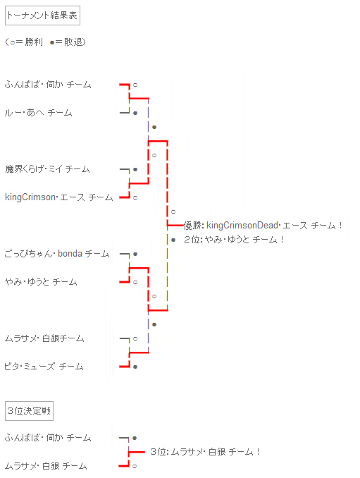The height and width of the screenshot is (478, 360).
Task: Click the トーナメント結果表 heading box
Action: pos(42,16)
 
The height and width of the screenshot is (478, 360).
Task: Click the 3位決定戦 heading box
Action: pos(29,411)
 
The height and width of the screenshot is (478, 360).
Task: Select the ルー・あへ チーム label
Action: pos(38,113)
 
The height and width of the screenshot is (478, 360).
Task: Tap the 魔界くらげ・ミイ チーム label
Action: pos(47,169)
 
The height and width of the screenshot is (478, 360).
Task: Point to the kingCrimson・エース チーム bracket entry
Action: pos(59,197)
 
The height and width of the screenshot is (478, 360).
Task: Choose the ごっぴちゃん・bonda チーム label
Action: pos(57,254)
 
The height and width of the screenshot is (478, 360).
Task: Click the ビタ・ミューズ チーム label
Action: pos(44,367)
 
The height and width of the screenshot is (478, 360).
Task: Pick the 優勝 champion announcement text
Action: pos(263,226)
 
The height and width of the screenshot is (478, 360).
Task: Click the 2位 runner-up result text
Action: pos(234,240)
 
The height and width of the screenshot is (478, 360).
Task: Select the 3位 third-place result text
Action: pos(205,452)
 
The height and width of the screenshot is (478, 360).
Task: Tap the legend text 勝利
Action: pos(34,42)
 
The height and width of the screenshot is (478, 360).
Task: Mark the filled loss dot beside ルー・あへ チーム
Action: pos(135,113)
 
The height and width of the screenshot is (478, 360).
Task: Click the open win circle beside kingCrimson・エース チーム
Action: pos(135,198)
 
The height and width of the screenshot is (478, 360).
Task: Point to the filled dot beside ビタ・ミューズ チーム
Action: pos(135,367)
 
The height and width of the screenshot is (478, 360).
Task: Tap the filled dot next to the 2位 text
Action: pos(173,240)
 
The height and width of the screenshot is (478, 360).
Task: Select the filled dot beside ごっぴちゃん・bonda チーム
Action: pos(135,254)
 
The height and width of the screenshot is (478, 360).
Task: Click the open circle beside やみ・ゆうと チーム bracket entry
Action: pos(135,282)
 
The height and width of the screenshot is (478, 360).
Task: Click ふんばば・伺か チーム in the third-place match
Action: pos(48,438)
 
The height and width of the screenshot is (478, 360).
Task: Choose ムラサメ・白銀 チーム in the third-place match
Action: pos(46,466)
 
